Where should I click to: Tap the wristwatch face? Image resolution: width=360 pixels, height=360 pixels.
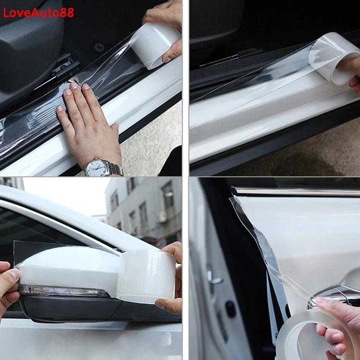point(96,167)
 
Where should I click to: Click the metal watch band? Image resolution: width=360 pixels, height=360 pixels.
point(116,170)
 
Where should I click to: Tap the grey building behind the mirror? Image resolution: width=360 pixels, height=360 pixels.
point(144,207)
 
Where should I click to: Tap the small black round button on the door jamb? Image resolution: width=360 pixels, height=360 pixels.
point(230,309)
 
